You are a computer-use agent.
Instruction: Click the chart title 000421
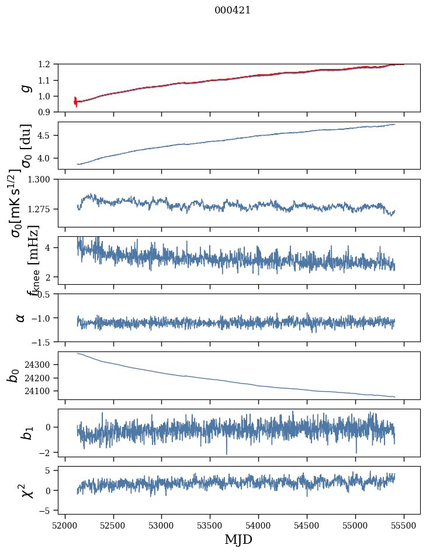pos(233,10)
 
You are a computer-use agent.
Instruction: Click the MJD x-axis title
pos(238,539)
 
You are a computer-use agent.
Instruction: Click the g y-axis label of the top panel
pos(25,88)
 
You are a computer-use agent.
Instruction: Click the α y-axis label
pos(21,318)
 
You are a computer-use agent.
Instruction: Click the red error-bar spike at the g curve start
pos(75,102)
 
